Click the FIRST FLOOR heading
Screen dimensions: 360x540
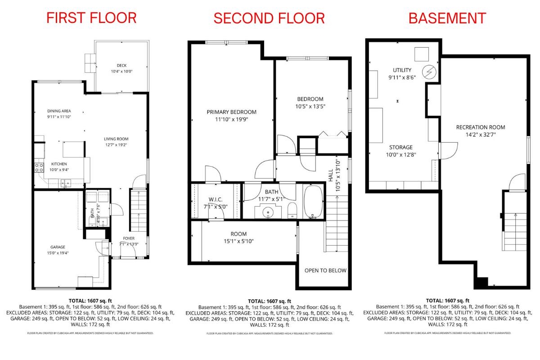pyautogui.click(x=91, y=18)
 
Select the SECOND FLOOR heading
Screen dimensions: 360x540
pyautogui.click(x=269, y=18)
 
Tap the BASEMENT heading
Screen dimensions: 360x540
pyautogui.click(x=447, y=18)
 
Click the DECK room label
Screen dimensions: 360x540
pyautogui.click(x=121, y=66)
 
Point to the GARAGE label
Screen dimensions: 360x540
pyautogui.click(x=58, y=247)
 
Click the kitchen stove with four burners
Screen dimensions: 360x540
pyautogui.click(x=39, y=168)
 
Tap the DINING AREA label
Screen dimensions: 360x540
pyautogui.click(x=59, y=111)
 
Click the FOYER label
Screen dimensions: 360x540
pyautogui.click(x=129, y=238)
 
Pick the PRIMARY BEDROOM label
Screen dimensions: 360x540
pyautogui.click(x=231, y=112)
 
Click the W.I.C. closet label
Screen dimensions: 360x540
pyautogui.click(x=216, y=199)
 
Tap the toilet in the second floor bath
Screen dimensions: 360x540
pyautogui.click(x=292, y=209)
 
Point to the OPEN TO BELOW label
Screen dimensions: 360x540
pyautogui.click(x=325, y=270)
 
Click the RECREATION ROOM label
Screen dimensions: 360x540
pyautogui.click(x=480, y=127)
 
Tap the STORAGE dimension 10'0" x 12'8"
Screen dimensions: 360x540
pyautogui.click(x=400, y=154)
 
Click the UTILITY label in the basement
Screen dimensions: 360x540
pyautogui.click(x=402, y=70)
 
